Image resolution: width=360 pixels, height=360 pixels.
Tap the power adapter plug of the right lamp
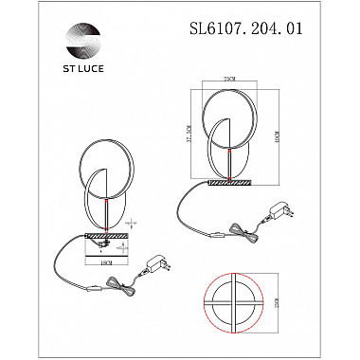[x=281, y=209]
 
